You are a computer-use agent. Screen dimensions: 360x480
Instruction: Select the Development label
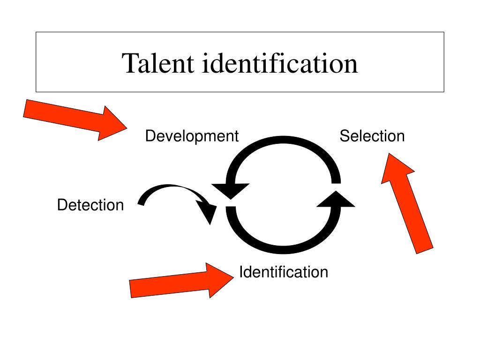click(x=192, y=136)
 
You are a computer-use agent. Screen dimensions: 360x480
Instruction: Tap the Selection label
click(x=372, y=136)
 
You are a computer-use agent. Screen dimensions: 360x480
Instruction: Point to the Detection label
click(x=90, y=205)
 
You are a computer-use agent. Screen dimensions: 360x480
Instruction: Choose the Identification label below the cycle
click(x=284, y=272)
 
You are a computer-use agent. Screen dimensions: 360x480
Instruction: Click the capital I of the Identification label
click(x=241, y=272)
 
